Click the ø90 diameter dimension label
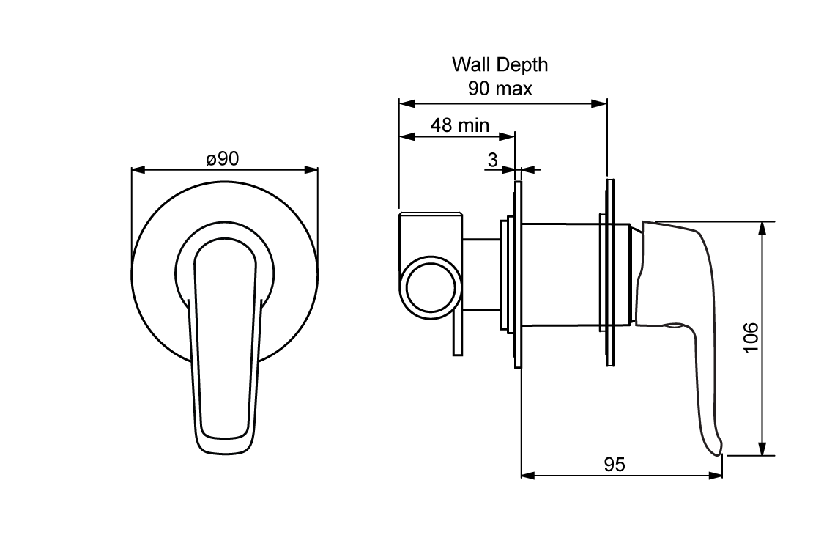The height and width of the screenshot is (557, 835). click(x=223, y=158)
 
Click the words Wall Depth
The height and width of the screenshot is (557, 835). click(x=500, y=64)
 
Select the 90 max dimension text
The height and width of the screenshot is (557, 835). click(x=500, y=89)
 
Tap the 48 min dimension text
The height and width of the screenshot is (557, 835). click(x=459, y=125)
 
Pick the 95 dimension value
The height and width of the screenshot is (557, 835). click(x=615, y=464)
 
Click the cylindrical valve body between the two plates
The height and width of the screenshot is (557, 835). click(x=560, y=273)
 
